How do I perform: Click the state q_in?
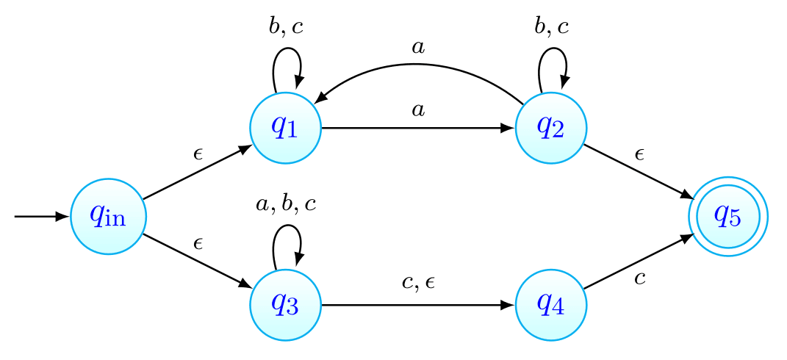pyautogui.click(x=108, y=217)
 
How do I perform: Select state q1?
pyautogui.click(x=285, y=128)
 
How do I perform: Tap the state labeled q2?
pyautogui.click(x=551, y=128)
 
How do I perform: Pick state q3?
pyautogui.click(x=285, y=304)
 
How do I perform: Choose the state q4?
pyautogui.click(x=551, y=304)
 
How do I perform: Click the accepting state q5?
pyautogui.click(x=727, y=217)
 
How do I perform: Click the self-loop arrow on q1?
pyautogui.click(x=287, y=59)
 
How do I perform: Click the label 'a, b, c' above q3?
pyautogui.click(x=286, y=204)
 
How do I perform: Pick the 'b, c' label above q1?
pyautogui.click(x=286, y=27)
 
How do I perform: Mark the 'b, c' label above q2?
pyautogui.click(x=552, y=27)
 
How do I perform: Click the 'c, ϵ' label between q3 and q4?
pyautogui.click(x=419, y=283)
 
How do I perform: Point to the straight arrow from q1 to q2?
pyautogui.click(x=417, y=128)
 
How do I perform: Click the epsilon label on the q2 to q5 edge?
pyautogui.click(x=639, y=154)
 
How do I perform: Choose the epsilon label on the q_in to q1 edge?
pyautogui.click(x=198, y=154)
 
